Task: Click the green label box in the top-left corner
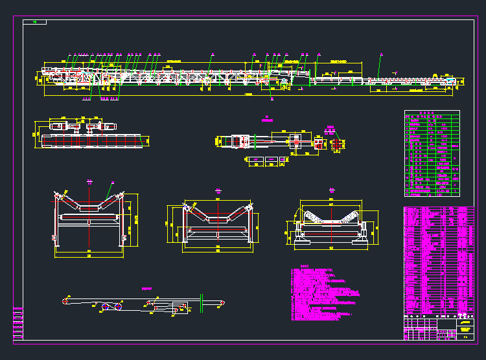[x=34, y=22]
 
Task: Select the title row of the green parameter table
[x=432, y=112]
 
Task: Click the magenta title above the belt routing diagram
[x=146, y=288]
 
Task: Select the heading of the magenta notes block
[x=305, y=265]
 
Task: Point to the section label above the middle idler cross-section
[x=218, y=190]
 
